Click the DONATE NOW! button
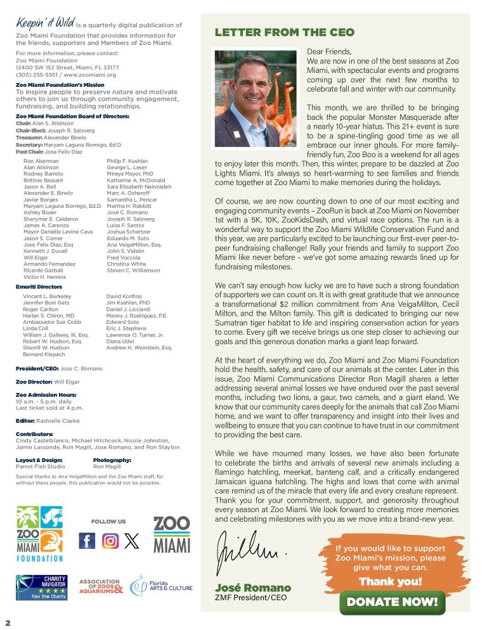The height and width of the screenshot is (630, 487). pyautogui.click(x=393, y=601)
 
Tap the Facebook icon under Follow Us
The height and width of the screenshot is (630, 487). pyautogui.click(x=87, y=541)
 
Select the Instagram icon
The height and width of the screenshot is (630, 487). pyautogui.click(x=110, y=541)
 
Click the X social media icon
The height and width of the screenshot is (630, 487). pyautogui.click(x=131, y=541)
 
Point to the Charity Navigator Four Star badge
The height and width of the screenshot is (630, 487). pyautogui.click(x=42, y=588)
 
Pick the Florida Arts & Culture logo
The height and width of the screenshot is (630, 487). pyautogui.click(x=161, y=587)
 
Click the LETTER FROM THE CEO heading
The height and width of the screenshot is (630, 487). pyautogui.click(x=285, y=32)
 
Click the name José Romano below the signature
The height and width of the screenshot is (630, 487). pyautogui.click(x=253, y=588)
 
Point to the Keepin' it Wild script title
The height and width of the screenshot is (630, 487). pyautogui.click(x=46, y=24)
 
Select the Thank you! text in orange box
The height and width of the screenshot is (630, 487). pyautogui.click(x=391, y=581)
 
